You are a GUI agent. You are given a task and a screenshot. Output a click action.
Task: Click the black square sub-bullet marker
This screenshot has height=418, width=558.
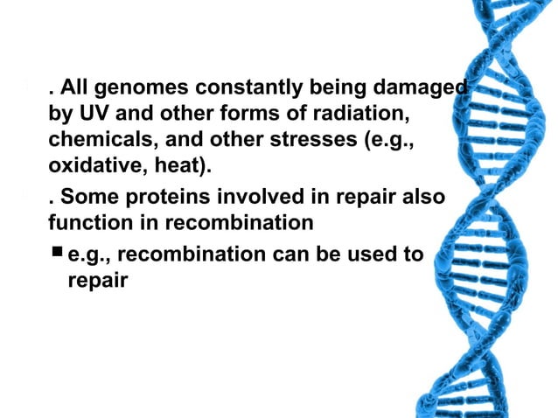(x=57, y=254)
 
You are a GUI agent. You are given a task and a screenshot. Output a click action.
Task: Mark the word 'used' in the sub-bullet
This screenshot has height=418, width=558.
(x=377, y=254)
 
